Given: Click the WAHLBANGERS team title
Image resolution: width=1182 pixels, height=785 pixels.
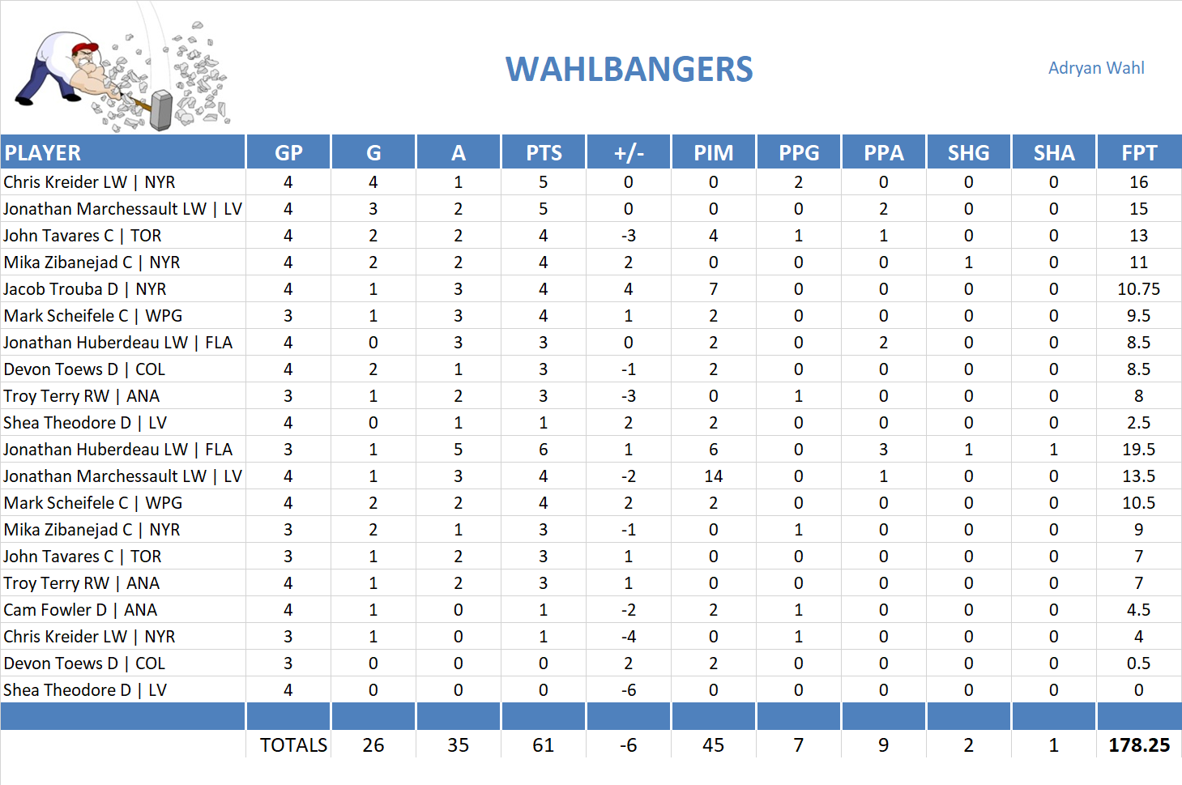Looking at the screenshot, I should pyautogui.click(x=629, y=70).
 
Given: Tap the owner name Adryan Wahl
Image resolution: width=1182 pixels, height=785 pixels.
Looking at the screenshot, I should pyautogui.click(x=1095, y=68).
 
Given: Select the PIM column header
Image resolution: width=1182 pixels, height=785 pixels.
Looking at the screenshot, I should pyautogui.click(x=713, y=153).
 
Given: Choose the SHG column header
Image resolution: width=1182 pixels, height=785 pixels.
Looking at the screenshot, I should pyautogui.click(x=968, y=153).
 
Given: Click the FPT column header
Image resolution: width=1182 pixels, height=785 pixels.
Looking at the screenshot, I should pyautogui.click(x=1138, y=153).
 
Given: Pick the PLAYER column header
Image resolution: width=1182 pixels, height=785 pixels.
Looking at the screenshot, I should pyautogui.click(x=43, y=153).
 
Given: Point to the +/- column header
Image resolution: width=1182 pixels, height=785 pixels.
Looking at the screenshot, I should pyautogui.click(x=628, y=153).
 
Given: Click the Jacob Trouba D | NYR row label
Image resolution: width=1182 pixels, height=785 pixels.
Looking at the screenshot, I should pyautogui.click(x=85, y=289).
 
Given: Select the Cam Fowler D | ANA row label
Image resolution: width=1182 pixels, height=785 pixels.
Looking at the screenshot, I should pyautogui.click(x=80, y=610).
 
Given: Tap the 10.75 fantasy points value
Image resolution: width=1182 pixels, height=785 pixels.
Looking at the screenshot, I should pyautogui.click(x=1138, y=289).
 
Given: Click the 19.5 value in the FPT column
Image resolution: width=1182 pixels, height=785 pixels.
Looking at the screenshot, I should pyautogui.click(x=1138, y=450).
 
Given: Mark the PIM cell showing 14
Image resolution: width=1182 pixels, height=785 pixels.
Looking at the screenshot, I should pyautogui.click(x=713, y=476).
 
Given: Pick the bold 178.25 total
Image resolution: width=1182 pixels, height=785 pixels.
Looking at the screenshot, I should pyautogui.click(x=1138, y=745).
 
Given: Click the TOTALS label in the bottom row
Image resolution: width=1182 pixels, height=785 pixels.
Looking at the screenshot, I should pyautogui.click(x=293, y=745).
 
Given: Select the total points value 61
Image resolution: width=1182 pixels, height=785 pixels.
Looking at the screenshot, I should pyautogui.click(x=543, y=745).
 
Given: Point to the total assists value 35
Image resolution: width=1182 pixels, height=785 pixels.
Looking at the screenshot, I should pyautogui.click(x=458, y=745).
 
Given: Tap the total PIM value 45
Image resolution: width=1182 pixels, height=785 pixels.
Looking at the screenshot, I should pyautogui.click(x=713, y=745).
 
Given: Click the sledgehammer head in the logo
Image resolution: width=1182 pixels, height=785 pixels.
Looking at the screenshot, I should pyautogui.click(x=162, y=110).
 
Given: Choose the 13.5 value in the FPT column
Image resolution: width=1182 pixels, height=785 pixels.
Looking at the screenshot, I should pyautogui.click(x=1138, y=476).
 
